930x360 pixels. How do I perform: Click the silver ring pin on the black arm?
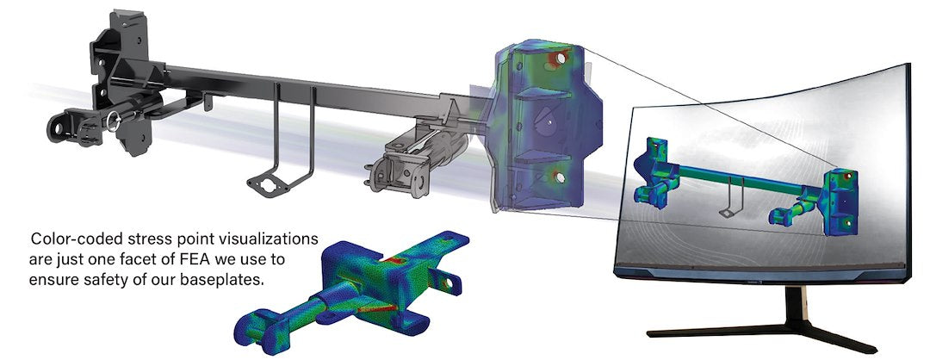click(115, 121)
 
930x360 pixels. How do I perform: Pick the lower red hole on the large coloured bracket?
click(557, 177)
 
